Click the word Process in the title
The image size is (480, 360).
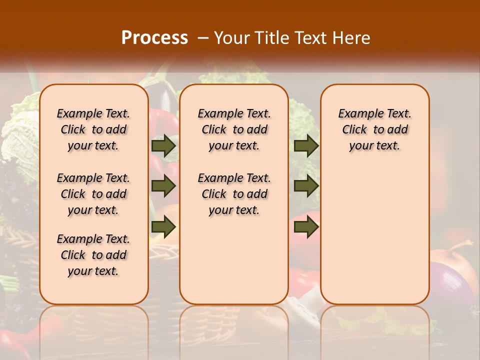point(154,38)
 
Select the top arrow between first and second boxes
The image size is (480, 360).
point(163,146)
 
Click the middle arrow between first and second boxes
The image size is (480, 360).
point(163,186)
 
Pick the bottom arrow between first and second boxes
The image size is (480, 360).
point(163,227)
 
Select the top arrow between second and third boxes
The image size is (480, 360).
point(306,146)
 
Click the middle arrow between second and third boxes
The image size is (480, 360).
point(306,186)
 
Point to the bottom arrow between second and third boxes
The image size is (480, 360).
point(306,227)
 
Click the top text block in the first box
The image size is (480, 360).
point(93,129)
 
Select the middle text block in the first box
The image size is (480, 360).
point(93,194)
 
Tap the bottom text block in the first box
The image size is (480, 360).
point(93,255)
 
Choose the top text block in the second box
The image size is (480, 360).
point(234,129)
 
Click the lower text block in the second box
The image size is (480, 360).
point(234,194)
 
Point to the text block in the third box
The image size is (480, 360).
point(375,129)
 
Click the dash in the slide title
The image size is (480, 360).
point(203,38)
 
